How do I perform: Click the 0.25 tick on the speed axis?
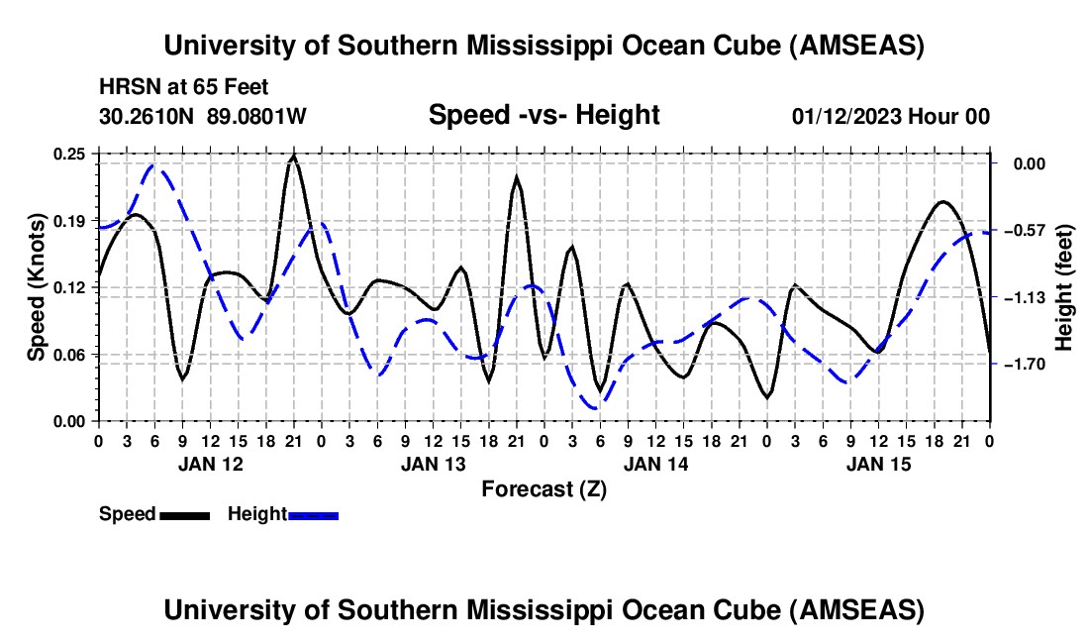(70, 154)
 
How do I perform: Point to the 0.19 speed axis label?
(70, 220)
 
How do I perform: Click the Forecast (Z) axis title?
(544, 488)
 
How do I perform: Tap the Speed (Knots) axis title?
(36, 286)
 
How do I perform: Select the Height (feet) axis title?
(1064, 287)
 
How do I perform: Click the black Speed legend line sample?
(184, 514)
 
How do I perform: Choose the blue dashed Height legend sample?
(314, 514)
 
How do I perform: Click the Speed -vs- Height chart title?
(544, 115)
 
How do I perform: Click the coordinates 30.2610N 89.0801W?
(203, 116)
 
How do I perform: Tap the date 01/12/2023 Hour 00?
(891, 116)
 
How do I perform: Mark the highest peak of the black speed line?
(293, 156)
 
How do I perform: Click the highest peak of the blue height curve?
(153, 165)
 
